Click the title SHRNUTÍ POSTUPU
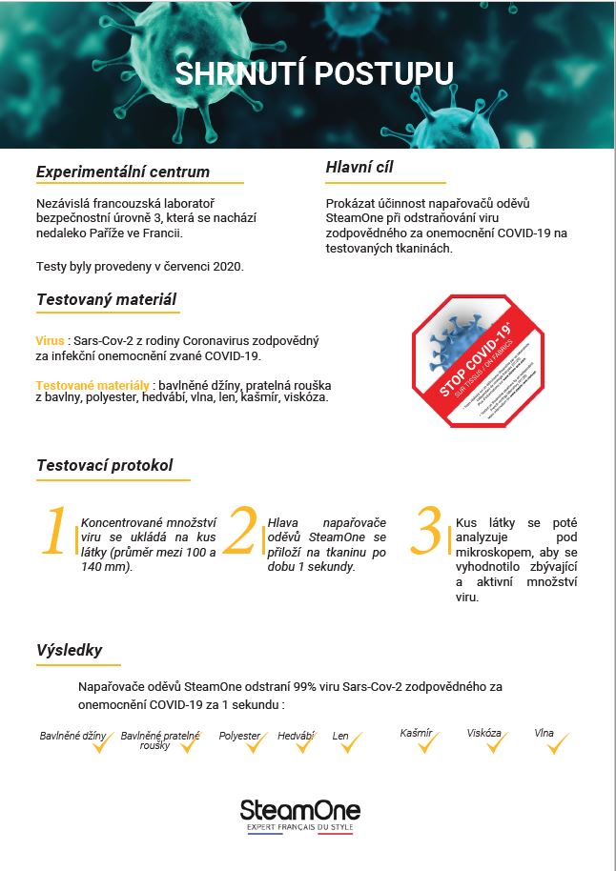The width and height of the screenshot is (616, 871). (314, 73)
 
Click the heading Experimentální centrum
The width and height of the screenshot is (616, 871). (122, 172)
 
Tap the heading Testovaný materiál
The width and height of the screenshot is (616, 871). (106, 299)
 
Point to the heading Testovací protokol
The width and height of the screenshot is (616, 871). (105, 465)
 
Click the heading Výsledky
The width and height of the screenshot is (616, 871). (69, 650)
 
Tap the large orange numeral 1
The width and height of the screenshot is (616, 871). (56, 533)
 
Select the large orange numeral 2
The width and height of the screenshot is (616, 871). (242, 533)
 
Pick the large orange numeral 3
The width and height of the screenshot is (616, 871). (427, 533)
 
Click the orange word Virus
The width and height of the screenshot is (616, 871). (50, 340)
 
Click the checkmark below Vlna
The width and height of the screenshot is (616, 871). (557, 744)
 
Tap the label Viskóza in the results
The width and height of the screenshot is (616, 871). (483, 733)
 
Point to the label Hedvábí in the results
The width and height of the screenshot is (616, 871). (296, 736)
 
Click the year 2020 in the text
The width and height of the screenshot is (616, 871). (227, 266)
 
